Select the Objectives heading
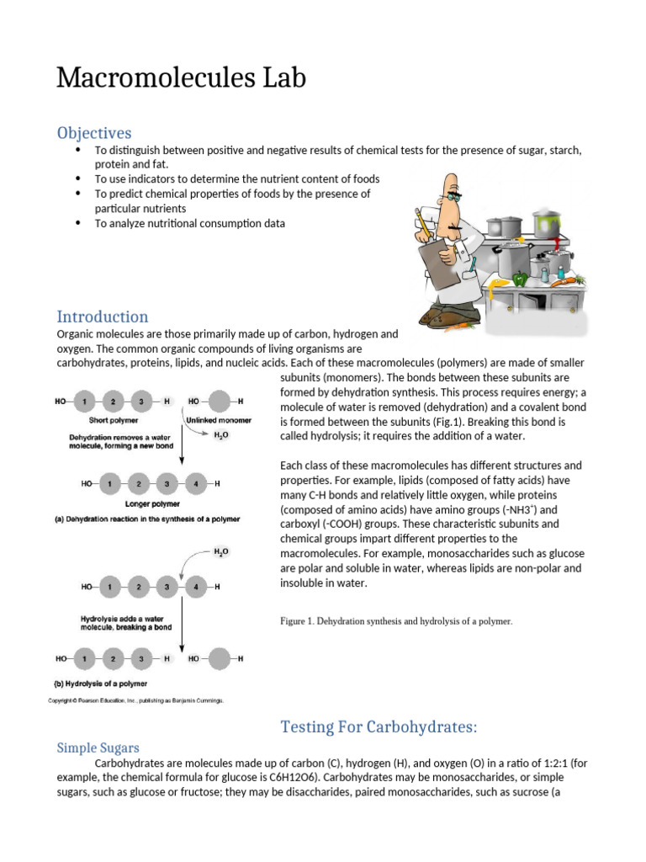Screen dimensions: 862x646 (x=94, y=133)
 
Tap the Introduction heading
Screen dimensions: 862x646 (x=103, y=317)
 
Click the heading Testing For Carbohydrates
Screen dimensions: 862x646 (x=379, y=726)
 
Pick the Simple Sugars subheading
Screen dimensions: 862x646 (x=98, y=748)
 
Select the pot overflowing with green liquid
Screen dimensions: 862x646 (x=551, y=226)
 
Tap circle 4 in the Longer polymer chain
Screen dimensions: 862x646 (x=195, y=484)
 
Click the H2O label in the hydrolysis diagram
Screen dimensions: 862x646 (x=220, y=552)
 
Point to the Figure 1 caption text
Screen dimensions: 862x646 (x=396, y=621)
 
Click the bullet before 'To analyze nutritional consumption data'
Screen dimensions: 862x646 (x=77, y=223)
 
